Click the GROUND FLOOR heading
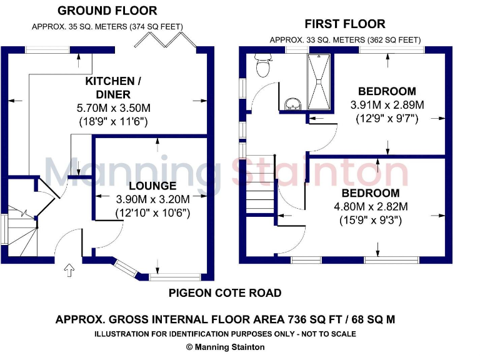point(107,11)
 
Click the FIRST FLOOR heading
point(345,24)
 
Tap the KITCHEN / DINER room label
point(109,88)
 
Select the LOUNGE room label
point(152,186)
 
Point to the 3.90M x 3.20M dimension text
point(152,199)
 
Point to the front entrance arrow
point(69,269)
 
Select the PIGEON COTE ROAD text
point(225,292)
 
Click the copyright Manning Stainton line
point(226,347)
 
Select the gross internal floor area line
point(225,319)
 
